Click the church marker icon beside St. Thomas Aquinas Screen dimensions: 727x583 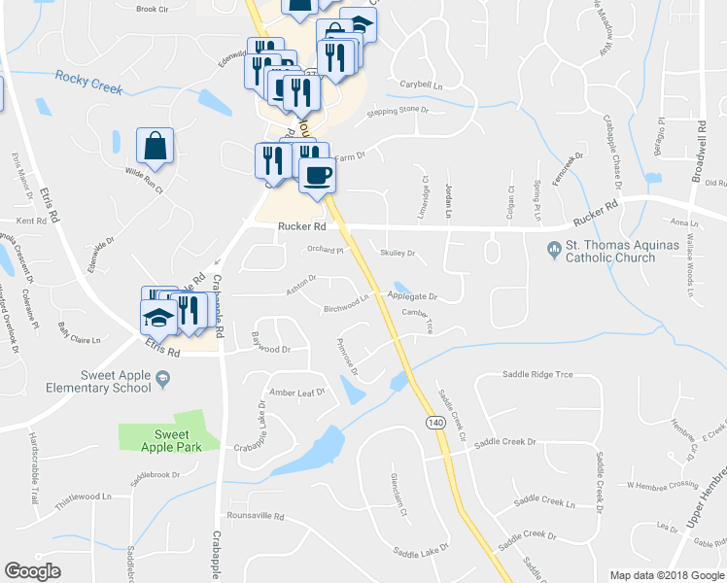[x=554, y=247]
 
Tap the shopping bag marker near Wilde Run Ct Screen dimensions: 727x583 [x=155, y=148]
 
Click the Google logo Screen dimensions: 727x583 [x=32, y=570]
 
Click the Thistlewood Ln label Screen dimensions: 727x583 [x=80, y=495]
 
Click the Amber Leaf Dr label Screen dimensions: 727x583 [x=296, y=393]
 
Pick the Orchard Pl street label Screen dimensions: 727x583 [x=327, y=250]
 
